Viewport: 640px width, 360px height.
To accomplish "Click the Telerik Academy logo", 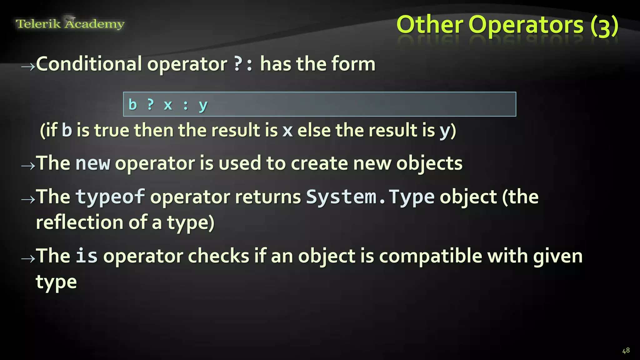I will point(70,23).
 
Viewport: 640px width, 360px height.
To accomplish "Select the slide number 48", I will point(626,351).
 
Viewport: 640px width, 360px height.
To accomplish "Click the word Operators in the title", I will point(526,25).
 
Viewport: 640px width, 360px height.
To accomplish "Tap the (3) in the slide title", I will point(604,26).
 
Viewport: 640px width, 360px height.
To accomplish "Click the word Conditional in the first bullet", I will point(89,64).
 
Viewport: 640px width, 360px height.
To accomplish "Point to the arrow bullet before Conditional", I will point(28,66).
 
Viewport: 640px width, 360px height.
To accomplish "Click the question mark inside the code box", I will point(151,104).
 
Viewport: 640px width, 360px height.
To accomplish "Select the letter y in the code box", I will point(203,105).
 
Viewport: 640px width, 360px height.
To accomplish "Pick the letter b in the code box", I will point(133,104).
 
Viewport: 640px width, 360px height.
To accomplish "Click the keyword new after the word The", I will point(93,163).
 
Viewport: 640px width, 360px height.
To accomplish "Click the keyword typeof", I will point(110,197).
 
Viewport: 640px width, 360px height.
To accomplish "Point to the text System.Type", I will point(370,197).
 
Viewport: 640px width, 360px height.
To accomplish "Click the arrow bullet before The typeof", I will point(28,199).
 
